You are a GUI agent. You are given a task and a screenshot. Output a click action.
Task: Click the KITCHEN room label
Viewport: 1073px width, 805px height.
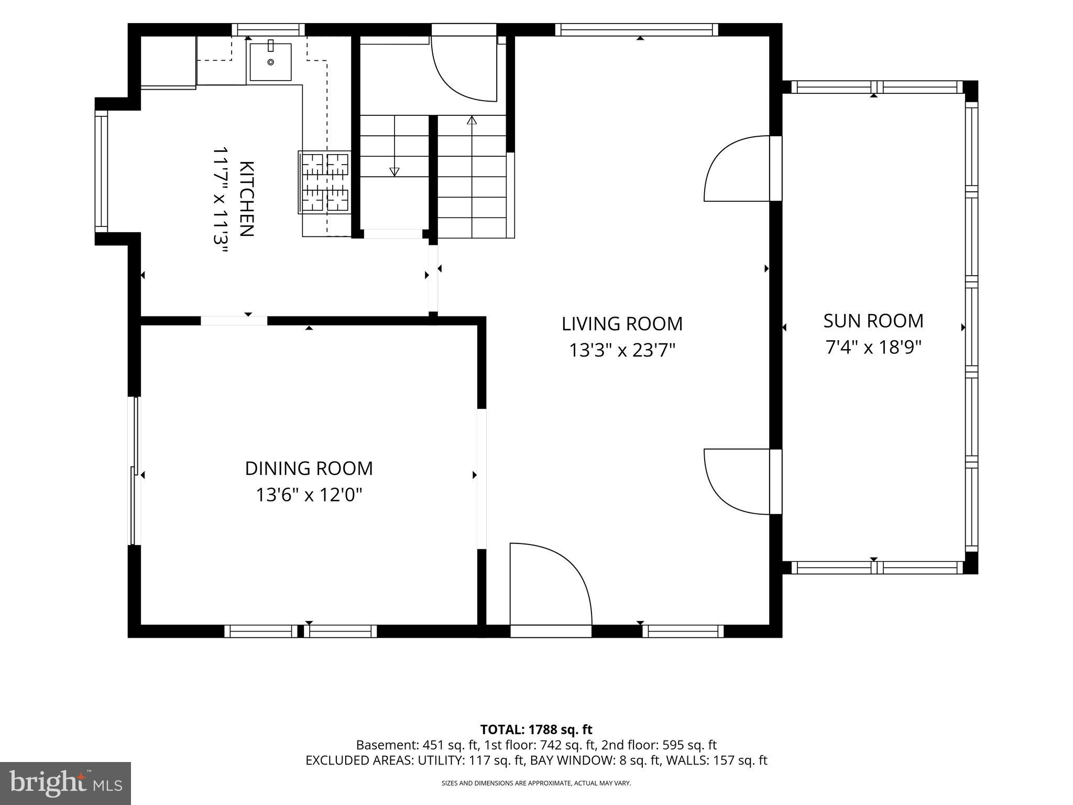(247, 199)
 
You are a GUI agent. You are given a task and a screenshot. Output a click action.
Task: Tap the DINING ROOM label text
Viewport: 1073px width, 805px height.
(309, 469)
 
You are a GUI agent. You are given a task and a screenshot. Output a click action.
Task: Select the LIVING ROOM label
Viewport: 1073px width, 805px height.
(622, 324)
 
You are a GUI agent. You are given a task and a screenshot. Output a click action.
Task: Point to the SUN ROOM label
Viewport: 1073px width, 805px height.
(873, 321)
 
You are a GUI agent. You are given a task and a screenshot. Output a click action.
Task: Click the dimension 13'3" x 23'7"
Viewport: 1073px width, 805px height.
(622, 350)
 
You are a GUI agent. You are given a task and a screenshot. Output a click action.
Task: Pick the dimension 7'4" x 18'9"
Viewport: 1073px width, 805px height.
(873, 347)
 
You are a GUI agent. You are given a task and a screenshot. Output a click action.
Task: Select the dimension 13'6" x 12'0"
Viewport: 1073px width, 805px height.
(309, 495)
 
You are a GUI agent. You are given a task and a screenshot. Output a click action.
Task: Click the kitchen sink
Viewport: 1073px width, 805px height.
(270, 62)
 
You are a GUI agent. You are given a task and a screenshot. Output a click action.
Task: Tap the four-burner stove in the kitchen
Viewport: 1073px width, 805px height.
(325, 182)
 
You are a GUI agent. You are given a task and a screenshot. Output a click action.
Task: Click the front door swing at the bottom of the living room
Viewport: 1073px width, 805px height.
(551, 584)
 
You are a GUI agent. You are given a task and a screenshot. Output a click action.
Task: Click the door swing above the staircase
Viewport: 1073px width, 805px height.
(463, 69)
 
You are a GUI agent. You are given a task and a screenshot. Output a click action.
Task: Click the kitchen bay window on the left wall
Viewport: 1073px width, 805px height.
(101, 171)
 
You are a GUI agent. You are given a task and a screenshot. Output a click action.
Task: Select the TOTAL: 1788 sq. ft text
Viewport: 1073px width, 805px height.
(536, 730)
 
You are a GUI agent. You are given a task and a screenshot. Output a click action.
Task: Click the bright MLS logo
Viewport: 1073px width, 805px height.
(65, 783)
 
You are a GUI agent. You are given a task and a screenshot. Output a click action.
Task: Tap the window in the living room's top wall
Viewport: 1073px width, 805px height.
(637, 30)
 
